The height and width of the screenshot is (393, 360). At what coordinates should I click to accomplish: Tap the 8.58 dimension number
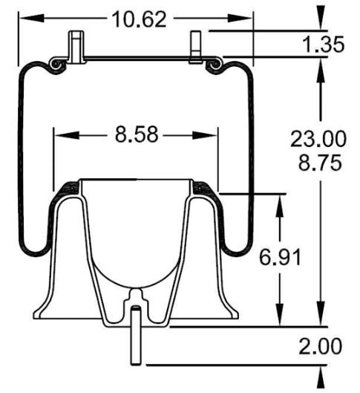[137, 136]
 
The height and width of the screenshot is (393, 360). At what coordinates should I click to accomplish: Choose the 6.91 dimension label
[281, 258]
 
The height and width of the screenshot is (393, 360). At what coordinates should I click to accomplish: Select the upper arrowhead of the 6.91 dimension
[281, 202]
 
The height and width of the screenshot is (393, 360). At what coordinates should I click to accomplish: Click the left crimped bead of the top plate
[55, 66]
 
